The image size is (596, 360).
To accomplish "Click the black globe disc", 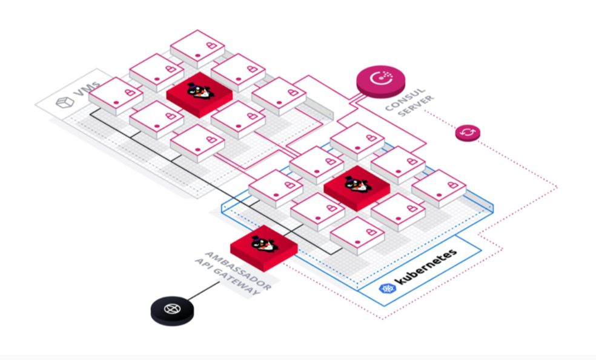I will pos(173,309).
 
